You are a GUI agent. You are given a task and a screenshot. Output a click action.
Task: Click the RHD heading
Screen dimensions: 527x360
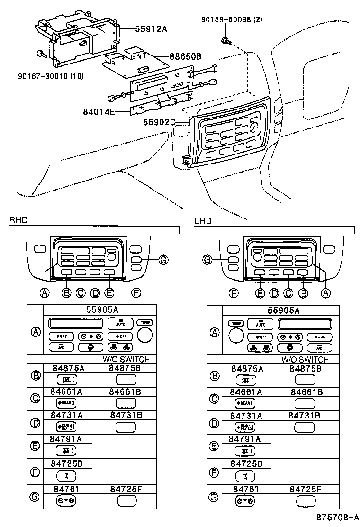pyautogui.click(x=18, y=220)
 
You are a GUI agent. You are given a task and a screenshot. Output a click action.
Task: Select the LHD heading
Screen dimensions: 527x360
pyautogui.click(x=203, y=221)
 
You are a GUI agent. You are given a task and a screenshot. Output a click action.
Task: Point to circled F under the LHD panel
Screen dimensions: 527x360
pyautogui.click(x=234, y=293)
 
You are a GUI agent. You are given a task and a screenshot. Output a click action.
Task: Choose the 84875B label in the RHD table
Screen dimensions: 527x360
pyautogui.click(x=125, y=368)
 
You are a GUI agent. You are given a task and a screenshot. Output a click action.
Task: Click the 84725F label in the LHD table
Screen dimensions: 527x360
pyautogui.click(x=305, y=488)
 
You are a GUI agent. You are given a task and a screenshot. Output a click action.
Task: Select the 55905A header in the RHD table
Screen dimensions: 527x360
pyautogui.click(x=102, y=309)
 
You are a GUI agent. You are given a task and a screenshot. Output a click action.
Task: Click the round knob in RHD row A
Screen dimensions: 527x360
pyautogui.click(x=145, y=336)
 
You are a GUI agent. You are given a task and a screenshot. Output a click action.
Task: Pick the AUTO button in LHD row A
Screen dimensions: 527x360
pyautogui.click(x=261, y=324)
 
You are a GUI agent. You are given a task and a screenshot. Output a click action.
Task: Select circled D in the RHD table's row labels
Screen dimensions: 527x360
pyautogui.click(x=35, y=424)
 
